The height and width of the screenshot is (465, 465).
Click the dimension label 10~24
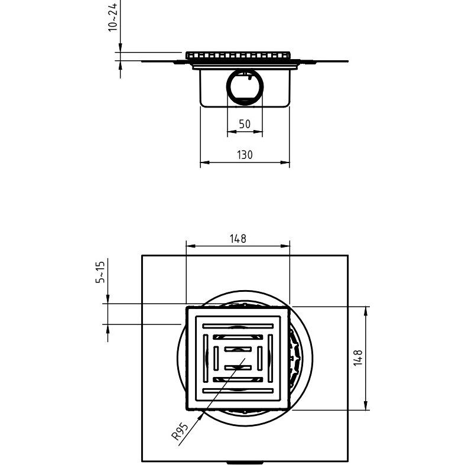pos(113,17)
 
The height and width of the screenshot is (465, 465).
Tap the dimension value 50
pos(245,124)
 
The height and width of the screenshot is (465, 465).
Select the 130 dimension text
pos(245,155)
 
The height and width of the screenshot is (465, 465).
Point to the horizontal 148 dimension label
pos(238,239)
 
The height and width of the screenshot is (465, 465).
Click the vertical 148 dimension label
pos(358,358)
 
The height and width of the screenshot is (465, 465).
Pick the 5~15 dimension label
pos(100,272)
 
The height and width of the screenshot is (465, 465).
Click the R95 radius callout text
pos(180,431)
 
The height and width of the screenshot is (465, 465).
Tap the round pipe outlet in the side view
pos(245,86)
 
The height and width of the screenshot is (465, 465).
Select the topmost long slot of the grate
pos(238,326)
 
